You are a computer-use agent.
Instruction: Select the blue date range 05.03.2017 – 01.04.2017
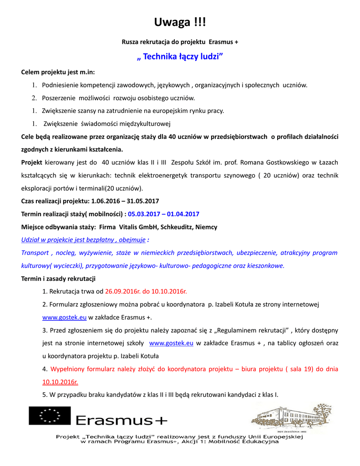click(163, 214)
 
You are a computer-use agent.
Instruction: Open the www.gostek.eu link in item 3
click(171, 343)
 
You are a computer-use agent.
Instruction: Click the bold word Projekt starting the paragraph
click(32, 162)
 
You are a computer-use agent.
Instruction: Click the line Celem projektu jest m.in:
click(58, 72)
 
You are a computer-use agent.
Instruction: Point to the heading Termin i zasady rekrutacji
click(58, 278)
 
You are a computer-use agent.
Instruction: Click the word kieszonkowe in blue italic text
click(265, 265)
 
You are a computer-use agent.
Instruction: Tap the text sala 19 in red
click(298, 369)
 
